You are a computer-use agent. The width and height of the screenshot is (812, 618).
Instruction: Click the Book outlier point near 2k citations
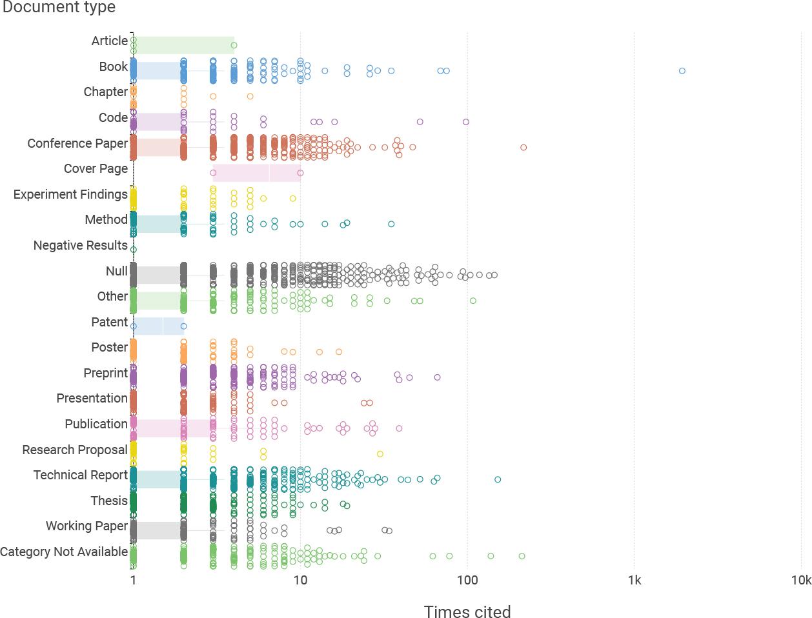pyautogui.click(x=682, y=71)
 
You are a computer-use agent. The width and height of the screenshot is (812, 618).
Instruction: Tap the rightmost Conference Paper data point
pyautogui.click(x=523, y=148)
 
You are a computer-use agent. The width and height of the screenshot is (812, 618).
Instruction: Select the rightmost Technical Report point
pyautogui.click(x=498, y=479)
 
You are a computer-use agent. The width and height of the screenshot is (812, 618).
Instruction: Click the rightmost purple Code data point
pyautogui.click(x=466, y=122)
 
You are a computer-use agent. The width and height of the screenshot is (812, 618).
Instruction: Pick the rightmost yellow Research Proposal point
pyautogui.click(x=380, y=454)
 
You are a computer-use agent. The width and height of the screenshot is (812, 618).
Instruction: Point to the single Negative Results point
pyautogui.click(x=134, y=250)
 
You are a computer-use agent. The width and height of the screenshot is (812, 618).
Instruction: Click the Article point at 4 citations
pyautogui.click(x=234, y=45)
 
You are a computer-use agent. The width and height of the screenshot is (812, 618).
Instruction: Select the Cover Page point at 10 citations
pyautogui.click(x=300, y=173)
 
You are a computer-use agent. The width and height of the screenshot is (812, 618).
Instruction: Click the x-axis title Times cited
pyautogui.click(x=467, y=612)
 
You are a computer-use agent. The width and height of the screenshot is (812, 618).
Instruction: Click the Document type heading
pyautogui.click(x=59, y=8)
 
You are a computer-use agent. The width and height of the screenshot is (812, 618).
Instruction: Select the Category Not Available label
pyautogui.click(x=64, y=552)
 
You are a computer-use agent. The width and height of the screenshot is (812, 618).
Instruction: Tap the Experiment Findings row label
pyautogui.click(x=70, y=194)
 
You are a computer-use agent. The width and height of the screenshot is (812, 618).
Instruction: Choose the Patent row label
pyautogui.click(x=109, y=322)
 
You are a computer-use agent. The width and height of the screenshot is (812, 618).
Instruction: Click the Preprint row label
pyautogui.click(x=105, y=373)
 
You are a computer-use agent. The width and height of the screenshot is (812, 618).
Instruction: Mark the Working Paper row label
pyautogui.click(x=86, y=526)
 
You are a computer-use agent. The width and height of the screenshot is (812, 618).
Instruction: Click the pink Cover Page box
pyautogui.click(x=256, y=173)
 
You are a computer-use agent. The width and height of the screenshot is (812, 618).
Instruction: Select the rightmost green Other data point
pyautogui.click(x=473, y=301)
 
